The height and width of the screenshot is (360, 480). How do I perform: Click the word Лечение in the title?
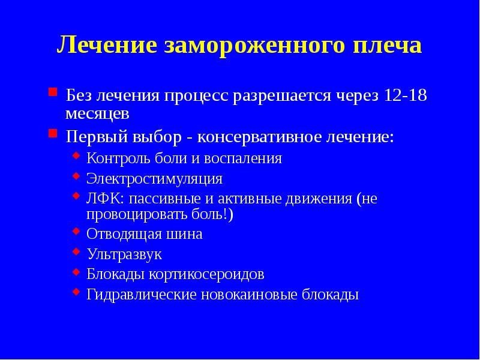[106, 46]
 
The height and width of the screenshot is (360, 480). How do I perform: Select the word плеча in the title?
[385, 46]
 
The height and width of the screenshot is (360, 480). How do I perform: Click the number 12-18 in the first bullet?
[402, 95]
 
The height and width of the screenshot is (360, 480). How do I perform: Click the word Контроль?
[116, 158]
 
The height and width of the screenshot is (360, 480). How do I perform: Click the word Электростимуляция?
[154, 179]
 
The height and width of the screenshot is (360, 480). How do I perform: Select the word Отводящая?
[120, 234]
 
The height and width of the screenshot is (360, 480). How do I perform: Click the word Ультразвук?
[124, 254]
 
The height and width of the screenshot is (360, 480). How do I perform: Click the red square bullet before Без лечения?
[53, 93]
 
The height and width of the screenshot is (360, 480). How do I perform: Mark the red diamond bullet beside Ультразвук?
[76, 251]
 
